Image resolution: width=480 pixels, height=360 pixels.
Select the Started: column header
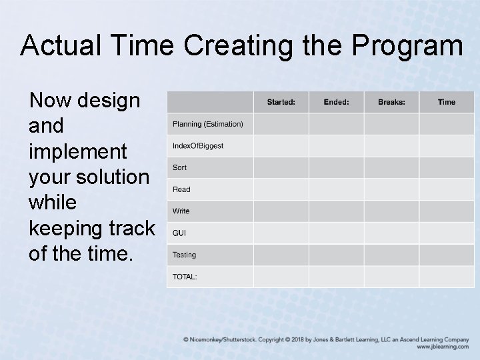coord(281,102)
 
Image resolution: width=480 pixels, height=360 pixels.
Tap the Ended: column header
coord(336,102)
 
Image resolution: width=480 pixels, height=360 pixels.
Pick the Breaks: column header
coord(391,102)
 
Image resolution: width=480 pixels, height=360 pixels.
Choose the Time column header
coord(447,102)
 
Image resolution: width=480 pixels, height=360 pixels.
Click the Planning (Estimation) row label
coord(208,124)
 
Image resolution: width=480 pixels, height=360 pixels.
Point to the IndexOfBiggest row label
coord(198,146)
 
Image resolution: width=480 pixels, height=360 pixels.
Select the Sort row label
coord(180,168)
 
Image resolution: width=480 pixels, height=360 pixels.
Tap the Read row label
coord(181,189)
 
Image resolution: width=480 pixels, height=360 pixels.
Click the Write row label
coord(181,211)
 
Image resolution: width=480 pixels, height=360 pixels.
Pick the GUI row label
coord(179,233)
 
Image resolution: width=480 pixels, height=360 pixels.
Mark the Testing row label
coord(185,255)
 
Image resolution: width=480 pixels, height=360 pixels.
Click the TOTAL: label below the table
coord(185,277)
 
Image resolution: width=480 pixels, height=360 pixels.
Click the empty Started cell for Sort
coord(281,168)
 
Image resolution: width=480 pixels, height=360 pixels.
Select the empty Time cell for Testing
coord(447,255)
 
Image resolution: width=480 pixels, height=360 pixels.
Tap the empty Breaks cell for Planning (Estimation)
coord(391,124)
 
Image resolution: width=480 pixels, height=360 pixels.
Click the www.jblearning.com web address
coord(443,347)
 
